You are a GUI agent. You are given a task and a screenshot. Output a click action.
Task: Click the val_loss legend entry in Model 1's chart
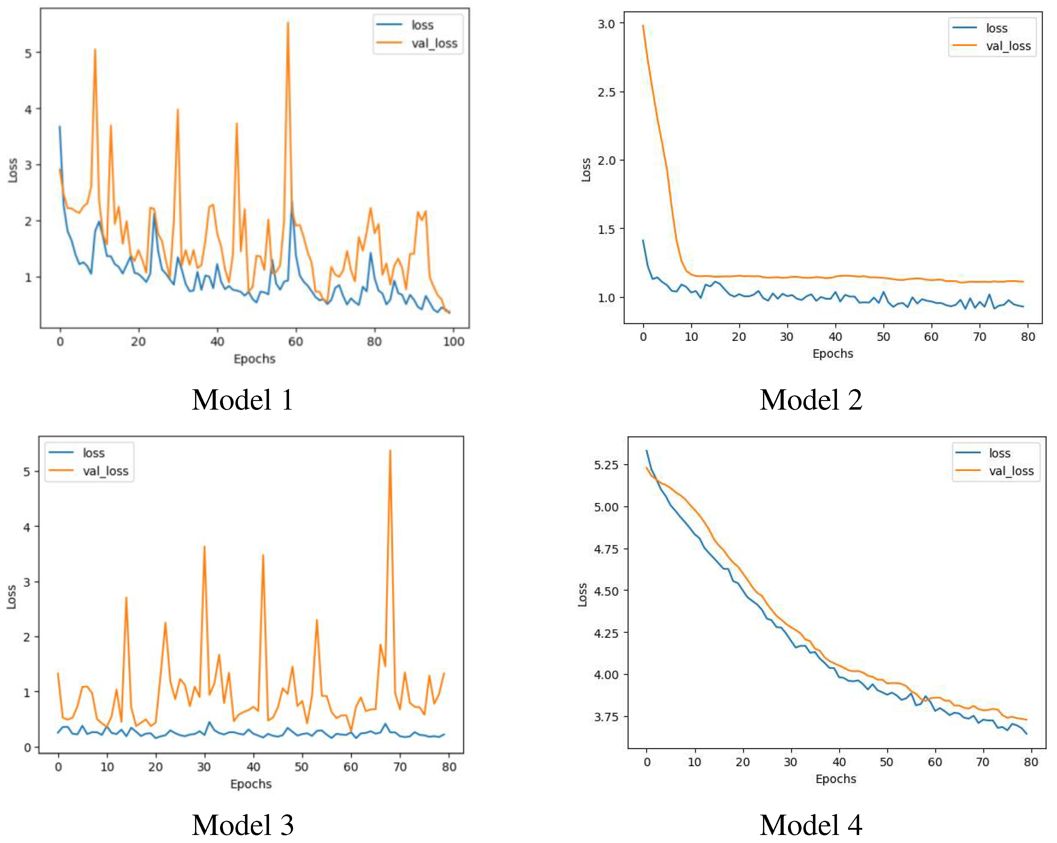pos(434,44)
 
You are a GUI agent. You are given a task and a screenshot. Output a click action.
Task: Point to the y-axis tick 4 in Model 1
pos(28,109)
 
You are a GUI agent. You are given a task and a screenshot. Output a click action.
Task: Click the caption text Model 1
pos(243,400)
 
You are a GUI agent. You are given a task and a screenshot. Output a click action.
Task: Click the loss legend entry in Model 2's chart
pos(996,28)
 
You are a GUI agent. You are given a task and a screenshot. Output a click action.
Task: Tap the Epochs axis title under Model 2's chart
pos(832,354)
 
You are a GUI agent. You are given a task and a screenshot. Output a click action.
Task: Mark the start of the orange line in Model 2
pos(643,26)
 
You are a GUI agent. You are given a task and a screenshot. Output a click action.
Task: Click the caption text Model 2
pos(811,400)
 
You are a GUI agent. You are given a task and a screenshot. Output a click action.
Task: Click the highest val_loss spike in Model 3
pos(390,451)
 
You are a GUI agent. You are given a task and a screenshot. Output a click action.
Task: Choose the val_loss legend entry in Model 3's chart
pos(105,471)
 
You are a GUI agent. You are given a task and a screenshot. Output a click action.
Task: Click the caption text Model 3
pos(243,825)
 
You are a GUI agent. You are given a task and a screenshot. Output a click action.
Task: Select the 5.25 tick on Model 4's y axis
pos(606,465)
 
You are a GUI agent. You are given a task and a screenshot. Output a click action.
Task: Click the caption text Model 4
pos(811,825)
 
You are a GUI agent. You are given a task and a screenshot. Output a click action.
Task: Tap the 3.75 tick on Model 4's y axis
pos(606,717)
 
